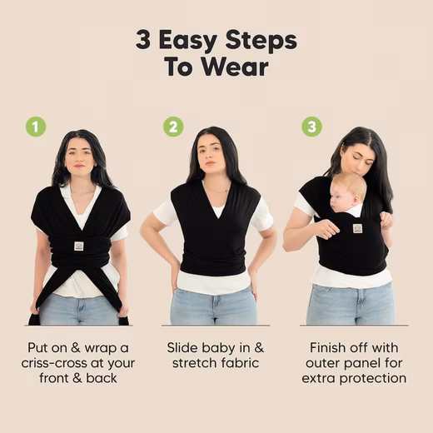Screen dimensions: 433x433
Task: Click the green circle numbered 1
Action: pos(36,127)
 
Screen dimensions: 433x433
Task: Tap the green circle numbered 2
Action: pos(173,127)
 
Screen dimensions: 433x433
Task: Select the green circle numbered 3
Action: pos(311,127)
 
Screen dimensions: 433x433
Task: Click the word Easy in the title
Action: pos(188,41)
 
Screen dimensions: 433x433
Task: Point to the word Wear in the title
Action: pos(235,67)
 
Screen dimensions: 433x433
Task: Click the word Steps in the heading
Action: pos(261,41)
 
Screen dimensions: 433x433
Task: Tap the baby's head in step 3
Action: pos(347,193)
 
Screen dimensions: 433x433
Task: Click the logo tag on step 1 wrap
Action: pos(79,246)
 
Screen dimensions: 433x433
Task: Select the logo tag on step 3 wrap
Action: pos(357,228)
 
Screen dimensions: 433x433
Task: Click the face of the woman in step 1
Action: pos(80,157)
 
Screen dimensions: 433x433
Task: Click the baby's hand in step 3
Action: pos(386,219)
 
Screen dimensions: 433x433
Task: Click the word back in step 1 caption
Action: pos(102,378)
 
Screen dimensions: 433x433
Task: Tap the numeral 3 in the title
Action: pos(143,41)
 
